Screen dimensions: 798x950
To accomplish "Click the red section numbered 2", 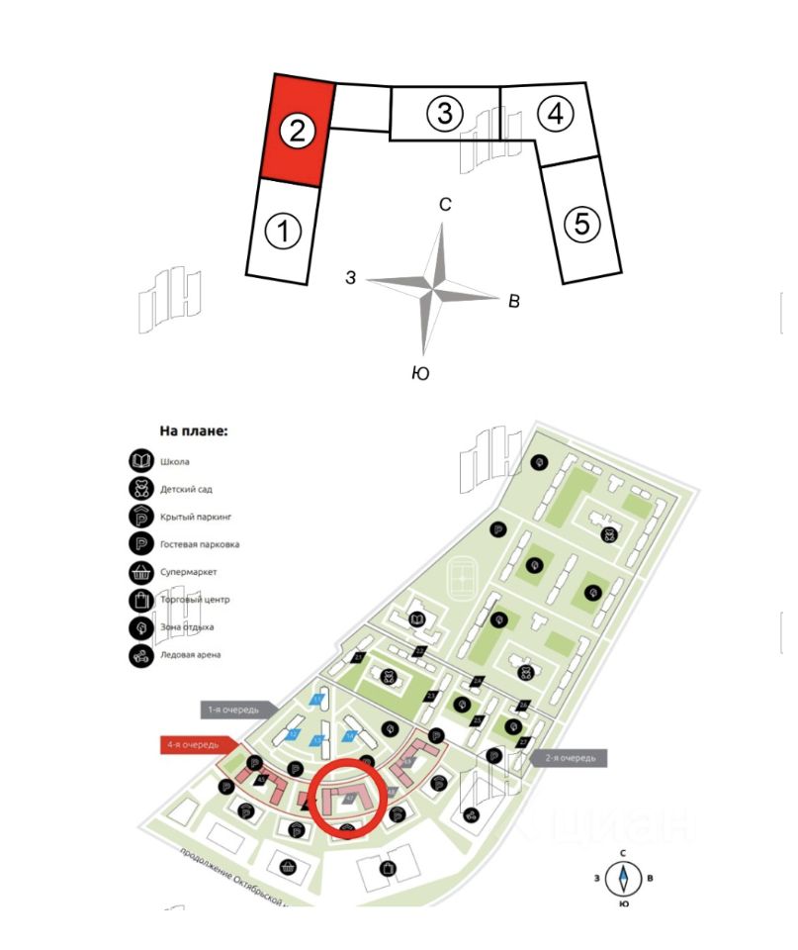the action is tap(295, 131).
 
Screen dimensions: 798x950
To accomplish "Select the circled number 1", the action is tap(283, 233).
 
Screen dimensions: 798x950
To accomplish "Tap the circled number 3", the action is tap(445, 114).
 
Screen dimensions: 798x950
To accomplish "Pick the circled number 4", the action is tap(556, 114).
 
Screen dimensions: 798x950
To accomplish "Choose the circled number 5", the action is tap(581, 224).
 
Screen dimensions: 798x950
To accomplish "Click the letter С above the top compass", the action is tap(445, 205).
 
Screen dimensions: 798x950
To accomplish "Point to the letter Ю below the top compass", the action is tap(419, 373).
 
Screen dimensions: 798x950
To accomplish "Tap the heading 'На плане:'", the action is tap(194, 431).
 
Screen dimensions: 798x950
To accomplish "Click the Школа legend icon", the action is tap(141, 461).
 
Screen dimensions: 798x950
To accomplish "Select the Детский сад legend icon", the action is tap(141, 489).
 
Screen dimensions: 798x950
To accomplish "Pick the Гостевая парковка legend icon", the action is tap(141, 544).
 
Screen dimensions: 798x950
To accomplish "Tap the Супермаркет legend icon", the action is tap(141, 572).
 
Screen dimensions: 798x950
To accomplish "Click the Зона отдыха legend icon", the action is tap(141, 627).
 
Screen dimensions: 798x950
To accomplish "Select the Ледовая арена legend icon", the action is tap(141, 655).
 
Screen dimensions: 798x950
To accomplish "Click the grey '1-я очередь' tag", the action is tap(232, 710).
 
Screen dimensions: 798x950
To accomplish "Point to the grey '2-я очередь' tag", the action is tap(572, 758).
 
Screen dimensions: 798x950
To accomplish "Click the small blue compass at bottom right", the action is tap(623, 878).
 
